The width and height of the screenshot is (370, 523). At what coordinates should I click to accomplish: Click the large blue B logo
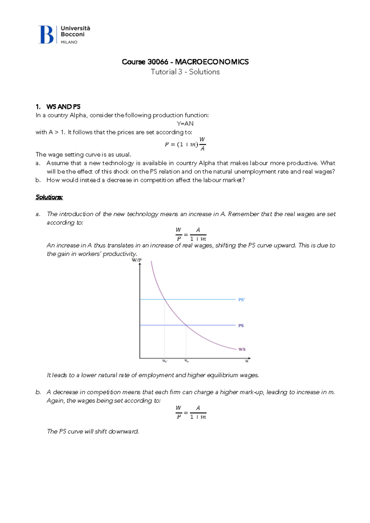point(46,34)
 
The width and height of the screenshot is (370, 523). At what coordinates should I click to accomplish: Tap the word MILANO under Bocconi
point(69,42)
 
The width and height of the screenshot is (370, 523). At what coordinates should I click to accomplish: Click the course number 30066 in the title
point(158,62)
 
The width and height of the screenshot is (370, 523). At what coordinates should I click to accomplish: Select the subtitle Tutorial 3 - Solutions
point(185,72)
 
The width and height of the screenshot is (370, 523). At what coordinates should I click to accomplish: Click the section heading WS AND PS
point(63,107)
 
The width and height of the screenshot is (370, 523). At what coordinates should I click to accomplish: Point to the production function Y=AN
point(185,124)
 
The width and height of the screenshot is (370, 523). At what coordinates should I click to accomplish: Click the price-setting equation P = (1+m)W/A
point(185,144)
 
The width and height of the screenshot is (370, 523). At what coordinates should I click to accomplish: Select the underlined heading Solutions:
point(49,197)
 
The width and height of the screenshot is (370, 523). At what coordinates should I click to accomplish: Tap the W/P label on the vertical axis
point(137,260)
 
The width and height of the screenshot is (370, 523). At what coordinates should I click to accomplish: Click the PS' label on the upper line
point(241,299)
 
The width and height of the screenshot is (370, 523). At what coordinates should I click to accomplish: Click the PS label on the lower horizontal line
point(241,325)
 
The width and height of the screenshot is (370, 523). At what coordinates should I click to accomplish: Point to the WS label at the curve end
point(242,349)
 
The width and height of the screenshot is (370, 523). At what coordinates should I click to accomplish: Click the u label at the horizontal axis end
point(247,361)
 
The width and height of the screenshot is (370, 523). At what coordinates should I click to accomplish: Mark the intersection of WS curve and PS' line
point(165,299)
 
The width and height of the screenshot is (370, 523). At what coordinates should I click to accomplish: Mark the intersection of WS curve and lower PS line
point(186,325)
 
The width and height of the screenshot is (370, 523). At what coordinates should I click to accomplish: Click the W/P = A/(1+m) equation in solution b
point(191,412)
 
